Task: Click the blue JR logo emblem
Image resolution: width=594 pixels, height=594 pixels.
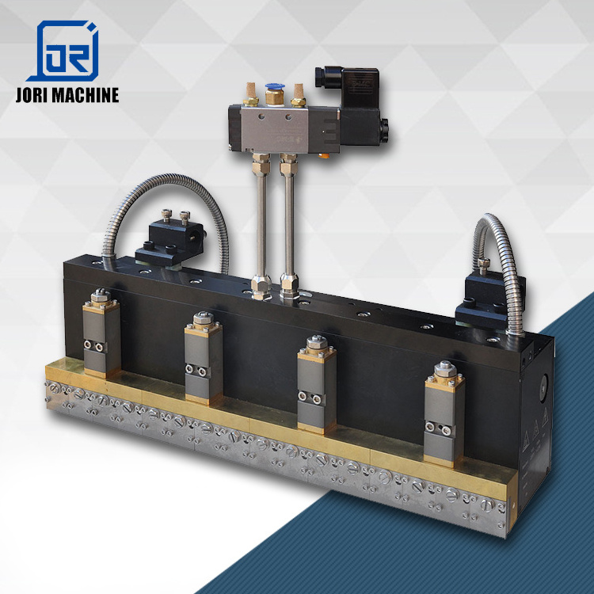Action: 63,51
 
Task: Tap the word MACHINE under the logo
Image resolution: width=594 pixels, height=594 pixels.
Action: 86,95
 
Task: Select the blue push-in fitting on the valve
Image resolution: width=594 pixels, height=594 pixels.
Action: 275,93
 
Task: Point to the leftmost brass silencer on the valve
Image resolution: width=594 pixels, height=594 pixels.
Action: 250,95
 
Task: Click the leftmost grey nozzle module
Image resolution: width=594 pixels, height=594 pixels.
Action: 101,334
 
